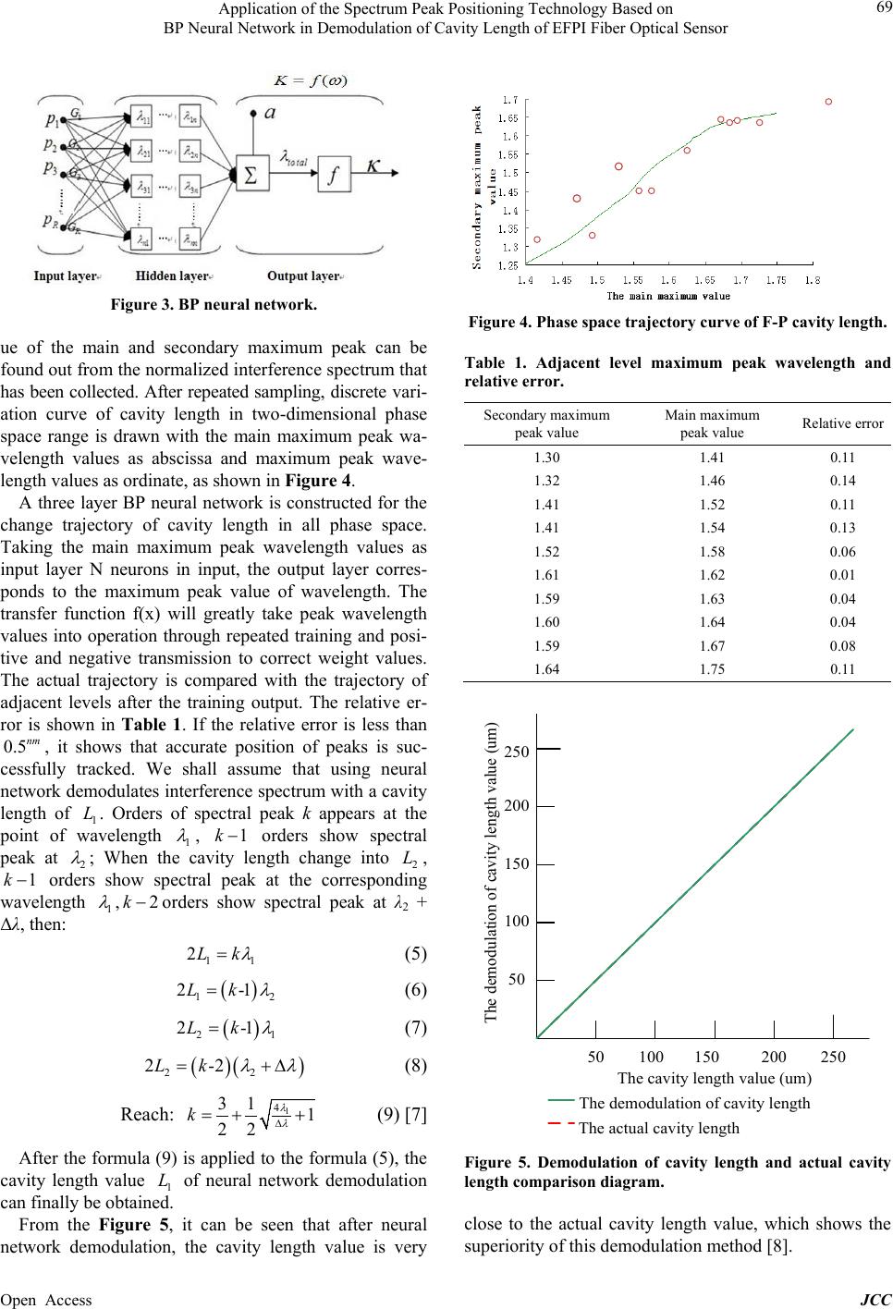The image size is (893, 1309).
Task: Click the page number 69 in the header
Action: tap(879, 9)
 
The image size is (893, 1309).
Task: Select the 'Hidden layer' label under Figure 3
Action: tap(173, 275)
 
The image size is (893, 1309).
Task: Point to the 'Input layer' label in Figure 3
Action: tap(66, 275)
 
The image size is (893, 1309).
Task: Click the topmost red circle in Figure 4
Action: tap(828, 102)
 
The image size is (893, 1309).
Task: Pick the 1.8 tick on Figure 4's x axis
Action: tap(812, 279)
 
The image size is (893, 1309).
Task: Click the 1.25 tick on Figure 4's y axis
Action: tap(508, 265)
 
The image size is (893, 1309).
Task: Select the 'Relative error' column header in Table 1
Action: tap(842, 424)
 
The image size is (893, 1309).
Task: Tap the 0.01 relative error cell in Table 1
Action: tap(842, 574)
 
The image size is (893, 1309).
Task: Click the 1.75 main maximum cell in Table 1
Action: tap(712, 669)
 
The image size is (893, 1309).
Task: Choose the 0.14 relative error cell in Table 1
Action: tap(842, 480)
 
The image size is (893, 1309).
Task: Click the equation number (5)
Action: tap(415, 953)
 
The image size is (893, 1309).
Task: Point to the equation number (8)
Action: tap(415, 1065)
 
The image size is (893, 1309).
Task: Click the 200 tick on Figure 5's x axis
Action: tap(774, 1057)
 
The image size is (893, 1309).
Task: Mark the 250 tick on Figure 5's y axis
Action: tap(517, 751)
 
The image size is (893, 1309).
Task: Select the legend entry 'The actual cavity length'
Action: tap(659, 1128)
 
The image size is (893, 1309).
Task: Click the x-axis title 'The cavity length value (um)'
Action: tap(715, 1078)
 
